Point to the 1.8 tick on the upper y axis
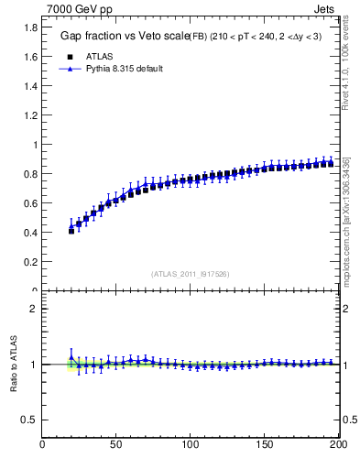[29, 27]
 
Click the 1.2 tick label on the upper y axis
[29, 115]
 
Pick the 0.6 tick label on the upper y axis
[29, 203]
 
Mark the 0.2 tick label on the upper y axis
[29, 262]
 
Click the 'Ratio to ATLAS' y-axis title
[14, 365]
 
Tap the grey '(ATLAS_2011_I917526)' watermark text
[190, 274]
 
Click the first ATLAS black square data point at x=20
[71, 231]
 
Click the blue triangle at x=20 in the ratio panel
[71, 357]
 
